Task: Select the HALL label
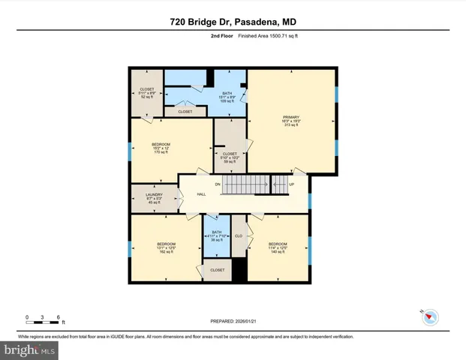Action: pos(201,194)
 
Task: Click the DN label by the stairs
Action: pos(218,184)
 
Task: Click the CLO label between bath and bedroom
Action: pos(239,236)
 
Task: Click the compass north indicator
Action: pos(430,317)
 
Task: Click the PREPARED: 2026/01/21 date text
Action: pos(233,322)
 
